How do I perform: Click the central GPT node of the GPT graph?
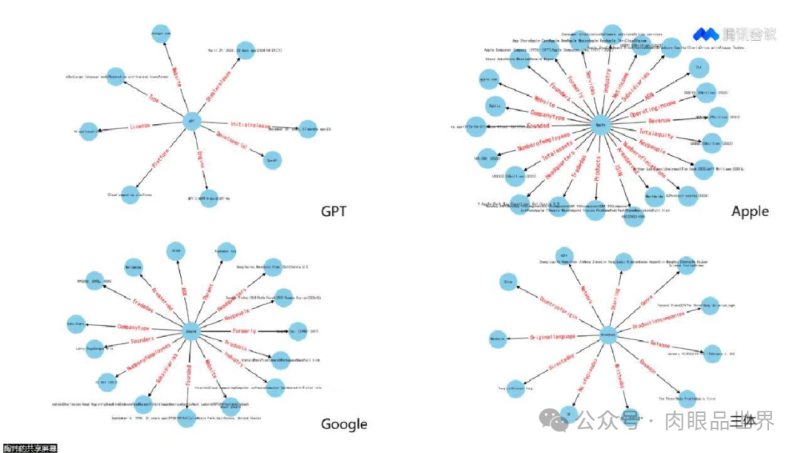(x=191, y=122)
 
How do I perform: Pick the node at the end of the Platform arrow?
(x=131, y=195)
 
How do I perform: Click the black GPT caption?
(x=333, y=212)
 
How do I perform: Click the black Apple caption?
(x=750, y=212)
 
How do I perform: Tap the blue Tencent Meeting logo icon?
(x=706, y=33)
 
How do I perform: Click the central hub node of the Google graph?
(x=192, y=331)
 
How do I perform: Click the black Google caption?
(x=343, y=424)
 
